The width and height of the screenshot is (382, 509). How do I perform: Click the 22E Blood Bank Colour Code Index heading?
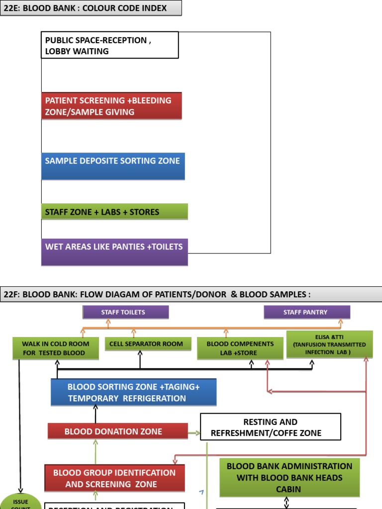pyautogui.click(x=91, y=8)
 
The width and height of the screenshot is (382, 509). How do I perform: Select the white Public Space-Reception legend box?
pyautogui.click(x=110, y=46)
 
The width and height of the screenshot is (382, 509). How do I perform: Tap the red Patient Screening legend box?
pyautogui.click(x=112, y=106)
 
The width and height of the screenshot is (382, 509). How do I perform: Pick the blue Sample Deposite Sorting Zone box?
pyautogui.click(x=113, y=166)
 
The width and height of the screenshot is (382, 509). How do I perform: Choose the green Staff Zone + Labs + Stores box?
pyautogui.click(x=114, y=212)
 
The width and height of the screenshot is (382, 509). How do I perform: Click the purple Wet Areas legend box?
pyautogui.click(x=114, y=252)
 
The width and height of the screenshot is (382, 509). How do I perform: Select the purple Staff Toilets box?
pyautogui.click(x=125, y=312)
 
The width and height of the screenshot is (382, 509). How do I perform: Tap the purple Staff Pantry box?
pyautogui.click(x=307, y=312)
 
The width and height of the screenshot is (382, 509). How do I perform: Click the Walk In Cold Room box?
pyautogui.click(x=56, y=348)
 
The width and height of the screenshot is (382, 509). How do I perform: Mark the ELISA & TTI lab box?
pyautogui.click(x=329, y=344)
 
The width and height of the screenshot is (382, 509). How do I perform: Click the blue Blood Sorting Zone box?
pyautogui.click(x=133, y=392)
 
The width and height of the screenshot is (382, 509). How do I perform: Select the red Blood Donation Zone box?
pyautogui.click(x=117, y=431)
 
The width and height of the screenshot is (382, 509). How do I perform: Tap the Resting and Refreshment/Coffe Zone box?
pyautogui.click(x=271, y=427)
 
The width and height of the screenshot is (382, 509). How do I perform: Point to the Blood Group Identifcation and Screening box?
pyautogui.click(x=114, y=478)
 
